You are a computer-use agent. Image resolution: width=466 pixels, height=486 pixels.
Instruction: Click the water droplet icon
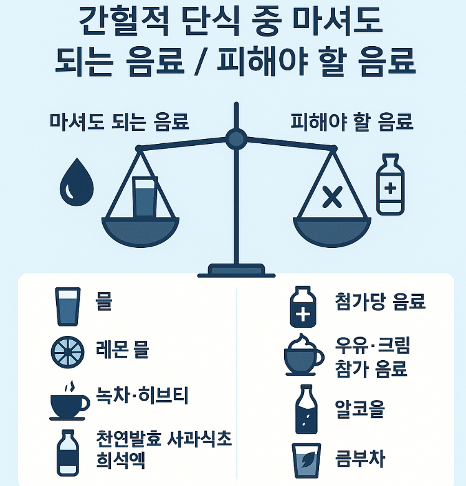point(76,182)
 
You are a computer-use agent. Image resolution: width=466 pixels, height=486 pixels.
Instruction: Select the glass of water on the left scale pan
point(146,197)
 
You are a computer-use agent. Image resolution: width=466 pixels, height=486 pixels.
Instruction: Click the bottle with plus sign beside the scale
point(391,185)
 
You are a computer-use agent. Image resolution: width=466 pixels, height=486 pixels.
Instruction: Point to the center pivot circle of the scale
point(236,139)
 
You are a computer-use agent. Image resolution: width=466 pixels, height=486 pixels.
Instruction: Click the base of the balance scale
point(236,271)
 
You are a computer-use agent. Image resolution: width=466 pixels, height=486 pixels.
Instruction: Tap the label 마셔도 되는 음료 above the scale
point(119,121)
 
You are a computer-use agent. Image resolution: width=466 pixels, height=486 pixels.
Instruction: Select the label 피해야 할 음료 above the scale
point(352,121)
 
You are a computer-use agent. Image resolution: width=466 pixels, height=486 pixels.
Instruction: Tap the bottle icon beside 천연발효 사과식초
point(67,452)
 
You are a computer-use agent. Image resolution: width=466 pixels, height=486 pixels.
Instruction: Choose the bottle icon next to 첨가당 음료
point(304,306)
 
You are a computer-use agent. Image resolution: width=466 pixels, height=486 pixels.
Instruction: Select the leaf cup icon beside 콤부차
point(306,460)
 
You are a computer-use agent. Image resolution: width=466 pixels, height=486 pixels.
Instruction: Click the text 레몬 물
point(122,350)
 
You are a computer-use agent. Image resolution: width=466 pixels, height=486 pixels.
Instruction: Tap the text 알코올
point(359,410)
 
